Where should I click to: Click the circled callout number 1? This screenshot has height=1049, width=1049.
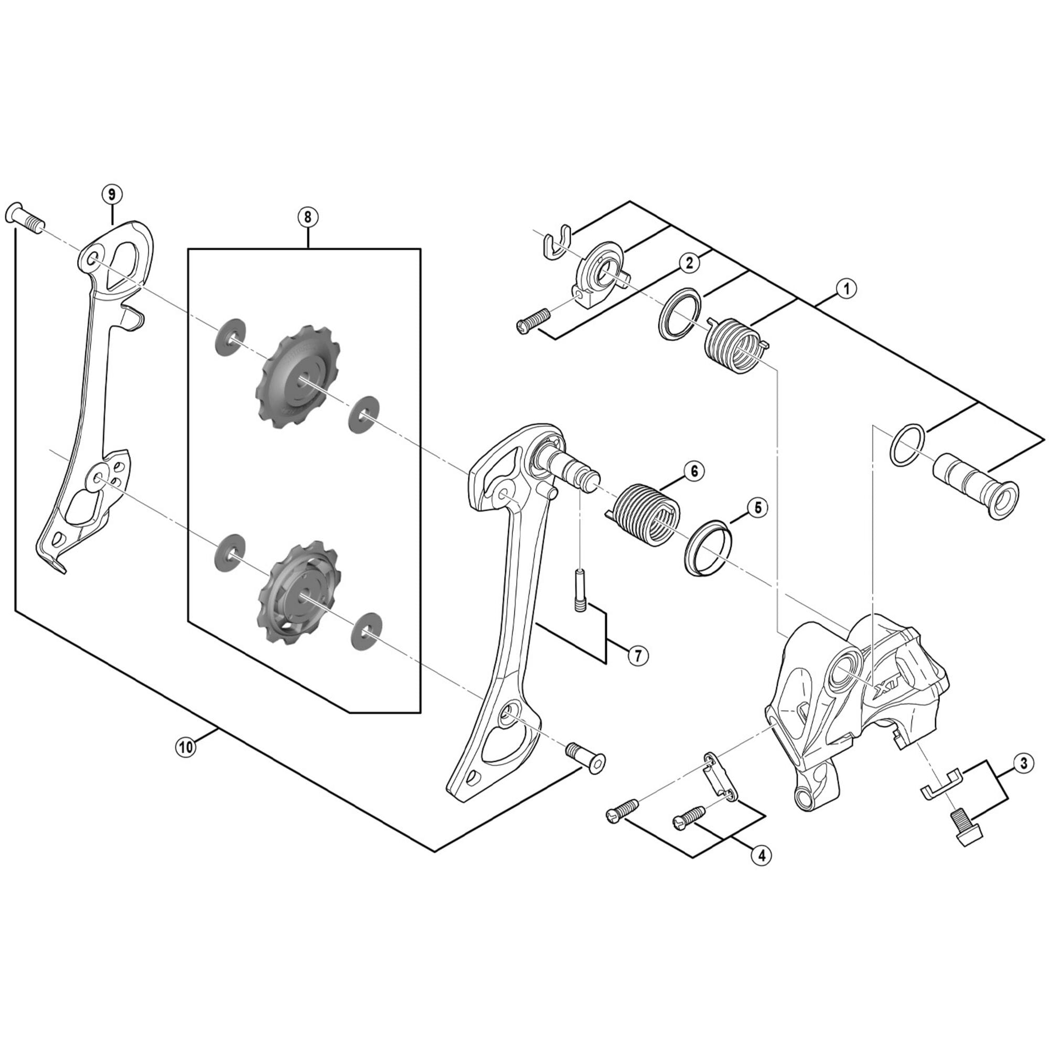point(847,288)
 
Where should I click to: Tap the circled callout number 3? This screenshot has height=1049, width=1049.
point(1023,763)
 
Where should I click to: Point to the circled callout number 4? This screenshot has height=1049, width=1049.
point(761,855)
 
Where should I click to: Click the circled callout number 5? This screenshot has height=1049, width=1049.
point(758,508)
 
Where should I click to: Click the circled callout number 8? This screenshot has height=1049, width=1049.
point(308,217)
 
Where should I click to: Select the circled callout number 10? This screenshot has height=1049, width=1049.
point(186,747)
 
